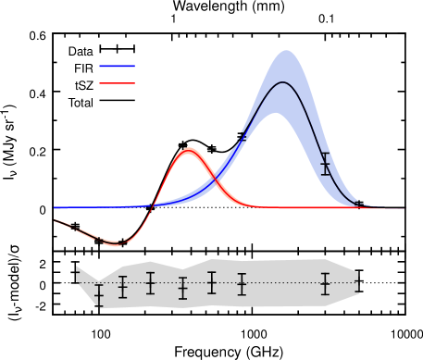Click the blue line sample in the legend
coord(117,66)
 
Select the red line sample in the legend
coord(117,83)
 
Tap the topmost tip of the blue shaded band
coord(286,51)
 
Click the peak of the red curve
coord(189,151)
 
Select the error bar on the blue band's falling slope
coord(326,165)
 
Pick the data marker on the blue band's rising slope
coord(242,138)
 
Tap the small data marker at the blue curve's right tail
coord(358,203)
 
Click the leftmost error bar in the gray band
coord(100,296)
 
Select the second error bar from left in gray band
coord(122,287)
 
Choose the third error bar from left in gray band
coord(150,283)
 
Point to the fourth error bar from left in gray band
coord(182,288)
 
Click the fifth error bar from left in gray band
coord(212,282)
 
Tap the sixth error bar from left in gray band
coord(242,284)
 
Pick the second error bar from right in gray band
coord(325,284)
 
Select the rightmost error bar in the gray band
coord(358,285)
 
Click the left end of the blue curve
coord(55,208)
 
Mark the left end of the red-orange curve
coord(55,220)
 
